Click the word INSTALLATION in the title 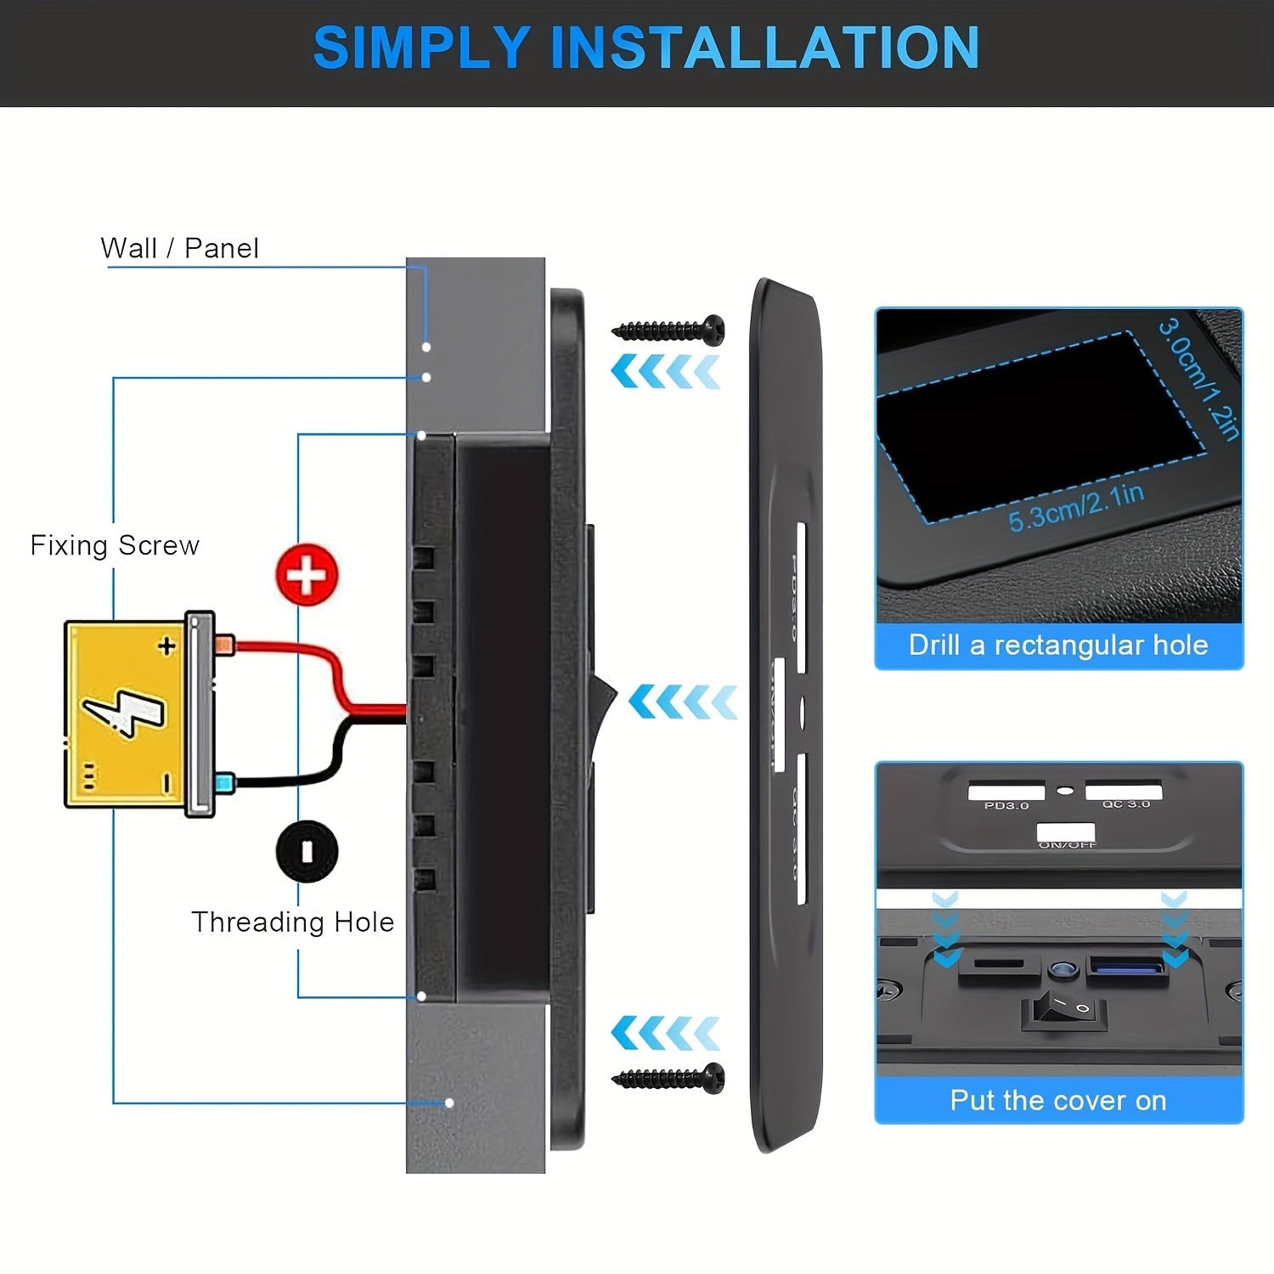pyautogui.click(x=764, y=48)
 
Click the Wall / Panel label pyautogui.click(x=179, y=248)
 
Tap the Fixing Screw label pyautogui.click(x=115, y=545)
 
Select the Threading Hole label pyautogui.click(x=292, y=922)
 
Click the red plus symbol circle pyautogui.click(x=307, y=575)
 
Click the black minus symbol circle pyautogui.click(x=307, y=850)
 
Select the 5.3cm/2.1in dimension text pyautogui.click(x=1075, y=508)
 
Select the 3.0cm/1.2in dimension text pyautogui.click(x=1198, y=378)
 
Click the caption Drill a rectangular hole pyautogui.click(x=1058, y=645)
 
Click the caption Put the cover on pyautogui.click(x=1058, y=1101)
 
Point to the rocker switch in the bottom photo pyautogui.click(x=1063, y=1009)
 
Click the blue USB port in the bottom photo pyautogui.click(x=1125, y=967)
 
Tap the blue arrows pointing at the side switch pyautogui.click(x=683, y=702)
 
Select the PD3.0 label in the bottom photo pyautogui.click(x=1006, y=805)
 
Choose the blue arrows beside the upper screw pyautogui.click(x=666, y=372)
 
